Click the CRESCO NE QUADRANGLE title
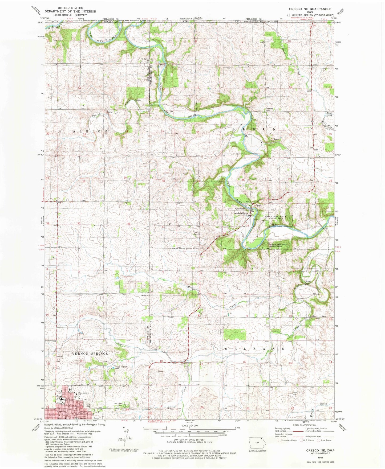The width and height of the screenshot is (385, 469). point(310,9)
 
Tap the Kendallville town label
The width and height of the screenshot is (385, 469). point(239,213)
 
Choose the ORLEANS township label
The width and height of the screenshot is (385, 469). point(254,348)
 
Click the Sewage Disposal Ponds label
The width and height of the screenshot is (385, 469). point(121,368)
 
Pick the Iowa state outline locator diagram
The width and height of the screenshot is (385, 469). point(256,442)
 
